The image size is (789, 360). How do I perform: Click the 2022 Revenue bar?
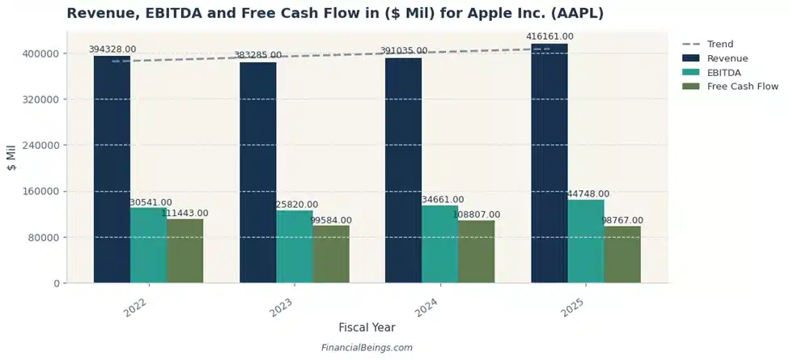[x=112, y=170]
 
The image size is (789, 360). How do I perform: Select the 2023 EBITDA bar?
[x=295, y=247]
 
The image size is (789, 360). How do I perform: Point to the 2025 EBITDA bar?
[x=585, y=241]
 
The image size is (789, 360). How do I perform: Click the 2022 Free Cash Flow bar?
[x=185, y=251]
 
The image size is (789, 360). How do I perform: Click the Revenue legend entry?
[x=727, y=58]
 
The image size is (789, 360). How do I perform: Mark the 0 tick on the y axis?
[x=55, y=283]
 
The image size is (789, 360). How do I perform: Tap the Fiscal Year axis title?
[x=367, y=328]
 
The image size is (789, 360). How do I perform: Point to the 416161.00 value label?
[x=549, y=36]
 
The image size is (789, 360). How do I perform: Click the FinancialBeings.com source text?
[x=367, y=348]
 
